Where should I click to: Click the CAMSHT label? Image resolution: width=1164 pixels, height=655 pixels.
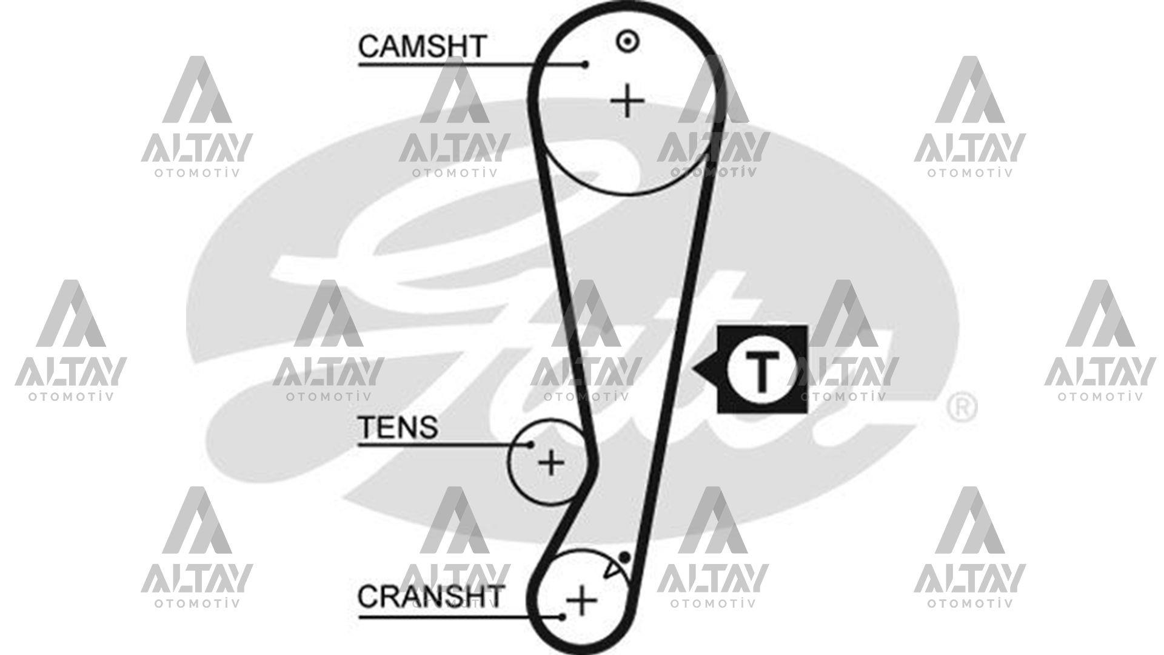(x=422, y=46)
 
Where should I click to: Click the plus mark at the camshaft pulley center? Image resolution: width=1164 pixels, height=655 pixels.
(x=627, y=102)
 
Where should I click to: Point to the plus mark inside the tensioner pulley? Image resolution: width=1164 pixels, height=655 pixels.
(x=551, y=463)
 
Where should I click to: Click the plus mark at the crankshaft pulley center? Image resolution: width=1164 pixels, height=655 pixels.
(x=581, y=600)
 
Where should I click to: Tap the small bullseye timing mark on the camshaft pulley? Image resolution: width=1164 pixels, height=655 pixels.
(x=627, y=42)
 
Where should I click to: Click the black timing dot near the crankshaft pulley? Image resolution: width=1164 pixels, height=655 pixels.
(x=624, y=557)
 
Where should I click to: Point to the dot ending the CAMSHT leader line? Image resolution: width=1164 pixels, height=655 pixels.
(x=585, y=64)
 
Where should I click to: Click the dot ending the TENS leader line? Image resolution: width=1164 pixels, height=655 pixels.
(x=530, y=445)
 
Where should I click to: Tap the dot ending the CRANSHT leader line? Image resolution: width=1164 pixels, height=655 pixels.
(x=563, y=617)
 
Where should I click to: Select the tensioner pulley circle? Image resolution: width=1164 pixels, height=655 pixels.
(x=509, y=463)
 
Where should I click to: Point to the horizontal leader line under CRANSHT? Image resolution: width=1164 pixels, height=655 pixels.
(x=461, y=617)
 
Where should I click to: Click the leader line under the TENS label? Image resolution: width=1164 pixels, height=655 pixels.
(x=444, y=445)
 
